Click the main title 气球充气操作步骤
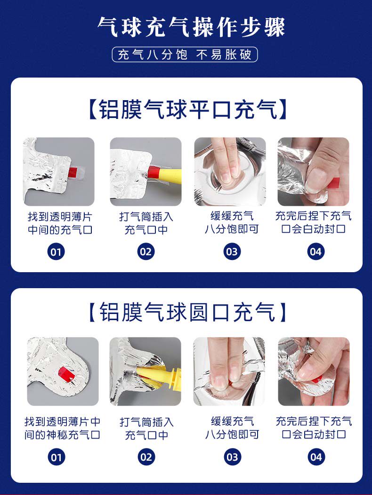click(191, 27)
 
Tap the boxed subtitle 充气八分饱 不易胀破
click(185, 55)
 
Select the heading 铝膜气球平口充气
click(186, 110)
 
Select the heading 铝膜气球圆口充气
click(186, 312)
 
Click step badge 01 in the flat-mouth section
click(56, 252)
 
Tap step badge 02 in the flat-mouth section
click(146, 252)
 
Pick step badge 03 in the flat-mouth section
click(232, 252)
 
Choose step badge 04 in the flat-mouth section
click(315, 252)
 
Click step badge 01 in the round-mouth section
click(57, 457)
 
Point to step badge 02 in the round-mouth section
click(146, 457)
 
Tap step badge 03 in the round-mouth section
click(232, 457)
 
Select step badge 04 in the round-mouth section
click(316, 457)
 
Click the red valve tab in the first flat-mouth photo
click(73, 172)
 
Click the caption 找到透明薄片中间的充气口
click(60, 223)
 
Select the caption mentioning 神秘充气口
click(62, 428)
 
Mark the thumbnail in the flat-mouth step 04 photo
click(314, 181)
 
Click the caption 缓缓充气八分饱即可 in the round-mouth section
click(232, 428)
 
